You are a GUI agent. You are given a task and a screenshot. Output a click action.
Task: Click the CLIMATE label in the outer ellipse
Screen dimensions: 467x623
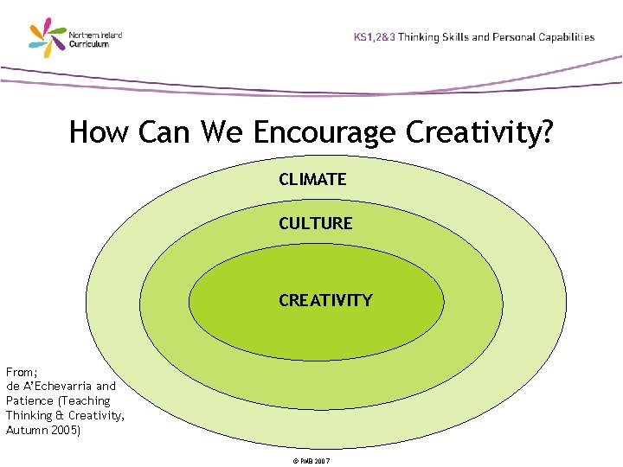pyautogui.click(x=312, y=180)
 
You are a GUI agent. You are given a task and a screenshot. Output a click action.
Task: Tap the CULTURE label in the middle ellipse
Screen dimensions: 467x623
pyautogui.click(x=315, y=223)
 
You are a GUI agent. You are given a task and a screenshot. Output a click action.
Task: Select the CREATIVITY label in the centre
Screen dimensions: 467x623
pyautogui.click(x=325, y=301)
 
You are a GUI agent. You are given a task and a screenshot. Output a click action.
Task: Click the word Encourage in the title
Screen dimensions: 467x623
pyautogui.click(x=325, y=133)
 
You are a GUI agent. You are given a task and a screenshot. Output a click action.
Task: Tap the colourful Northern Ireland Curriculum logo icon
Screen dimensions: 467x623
pyautogui.click(x=48, y=39)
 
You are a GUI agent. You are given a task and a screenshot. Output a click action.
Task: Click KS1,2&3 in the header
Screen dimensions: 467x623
pyautogui.click(x=375, y=37)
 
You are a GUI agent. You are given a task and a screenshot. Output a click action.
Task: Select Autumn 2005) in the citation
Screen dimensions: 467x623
pyautogui.click(x=43, y=430)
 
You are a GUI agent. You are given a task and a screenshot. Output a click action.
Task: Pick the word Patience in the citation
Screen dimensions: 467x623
pyautogui.click(x=30, y=400)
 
